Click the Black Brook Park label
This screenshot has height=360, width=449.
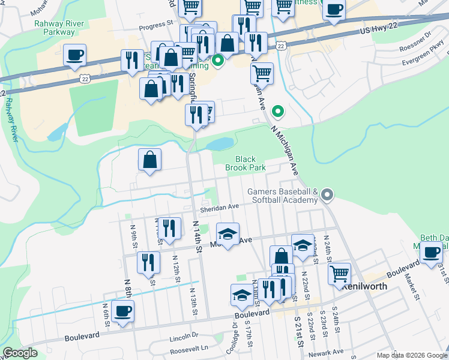pos(245,164)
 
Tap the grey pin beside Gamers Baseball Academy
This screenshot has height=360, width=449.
pos(327,194)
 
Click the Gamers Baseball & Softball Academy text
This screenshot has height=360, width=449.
pos(282,196)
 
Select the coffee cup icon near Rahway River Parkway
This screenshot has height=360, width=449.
pos(74,55)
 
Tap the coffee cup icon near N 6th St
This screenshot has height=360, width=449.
pos(123,311)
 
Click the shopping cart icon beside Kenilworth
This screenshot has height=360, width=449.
pos(340,274)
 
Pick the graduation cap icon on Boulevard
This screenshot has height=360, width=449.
pos(242,295)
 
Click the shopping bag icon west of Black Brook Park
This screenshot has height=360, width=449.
pos(149,160)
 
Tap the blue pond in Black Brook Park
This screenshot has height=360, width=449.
pos(220,143)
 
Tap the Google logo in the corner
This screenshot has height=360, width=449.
pos(21,353)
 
